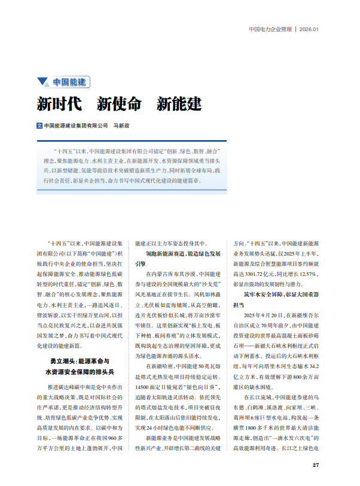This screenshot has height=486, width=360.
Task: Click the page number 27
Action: [x=316, y=464]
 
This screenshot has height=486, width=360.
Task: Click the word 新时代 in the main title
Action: [x=59, y=104]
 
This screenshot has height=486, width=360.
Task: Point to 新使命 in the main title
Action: [x=118, y=104]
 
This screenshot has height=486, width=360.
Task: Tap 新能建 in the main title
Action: [x=179, y=104]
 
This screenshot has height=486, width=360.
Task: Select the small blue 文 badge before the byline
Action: [x=39, y=126]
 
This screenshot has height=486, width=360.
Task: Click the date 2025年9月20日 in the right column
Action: [x=267, y=314]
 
